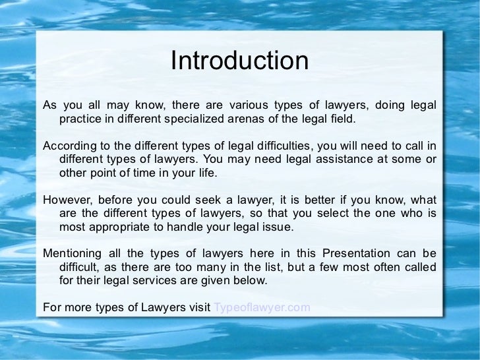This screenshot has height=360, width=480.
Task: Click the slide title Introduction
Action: tap(239, 61)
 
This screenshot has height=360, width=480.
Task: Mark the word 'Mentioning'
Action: tap(72, 253)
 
